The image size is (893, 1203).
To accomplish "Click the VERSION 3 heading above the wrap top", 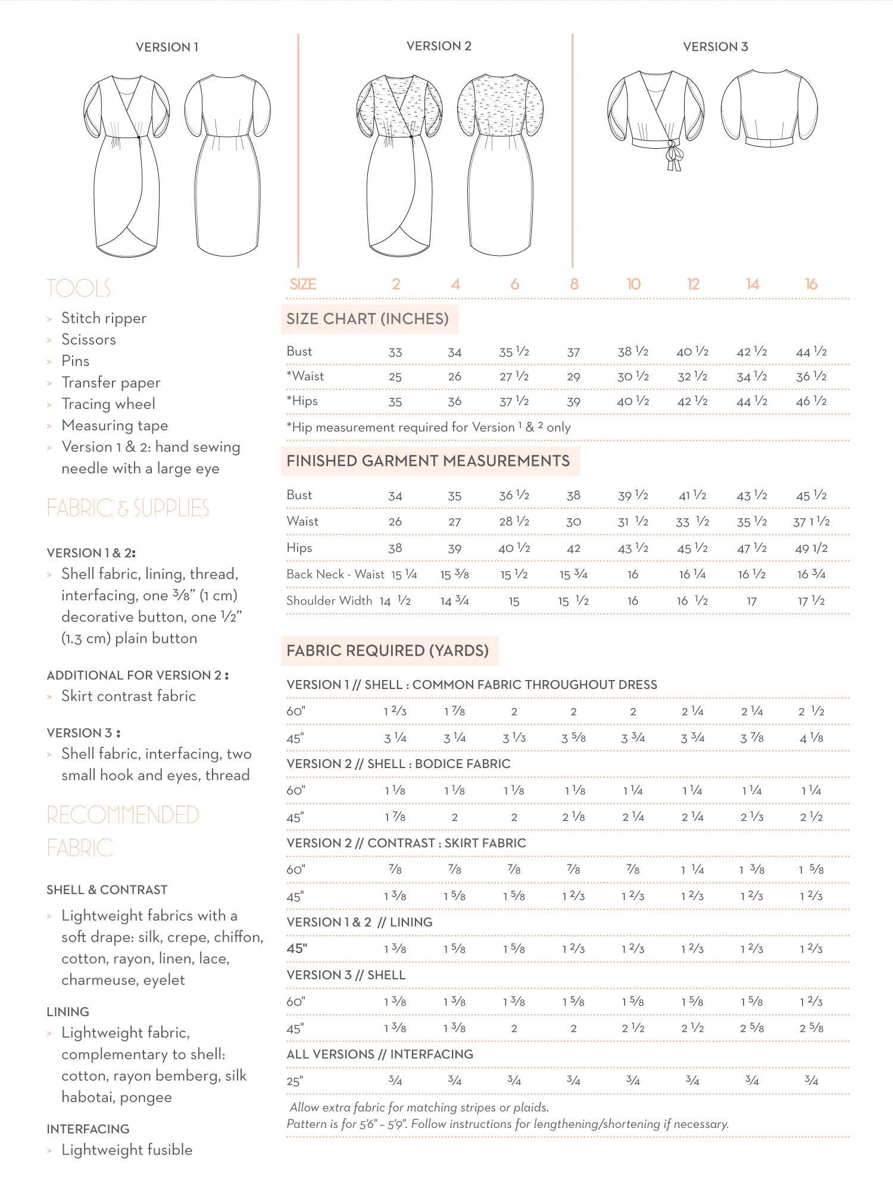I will [715, 47].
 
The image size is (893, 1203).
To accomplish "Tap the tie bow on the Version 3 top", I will [673, 155].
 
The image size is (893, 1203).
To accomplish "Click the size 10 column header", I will [633, 284].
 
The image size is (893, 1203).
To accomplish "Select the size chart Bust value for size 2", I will [395, 352].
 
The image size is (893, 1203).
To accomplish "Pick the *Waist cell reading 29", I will [573, 377].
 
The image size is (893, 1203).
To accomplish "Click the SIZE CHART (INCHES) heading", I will [367, 319].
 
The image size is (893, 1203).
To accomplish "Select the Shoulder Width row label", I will [329, 601].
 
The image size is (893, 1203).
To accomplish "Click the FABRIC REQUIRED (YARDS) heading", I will [388, 651].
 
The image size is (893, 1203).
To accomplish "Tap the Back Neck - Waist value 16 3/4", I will [811, 575].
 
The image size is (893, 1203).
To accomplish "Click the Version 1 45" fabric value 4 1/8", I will [811, 738].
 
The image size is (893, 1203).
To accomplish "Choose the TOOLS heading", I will [79, 289].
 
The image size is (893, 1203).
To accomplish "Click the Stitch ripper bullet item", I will [104, 318].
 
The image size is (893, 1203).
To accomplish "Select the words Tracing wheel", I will [108, 404].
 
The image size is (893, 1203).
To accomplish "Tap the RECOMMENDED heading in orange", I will [123, 815].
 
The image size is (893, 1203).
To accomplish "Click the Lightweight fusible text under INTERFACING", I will [127, 1149].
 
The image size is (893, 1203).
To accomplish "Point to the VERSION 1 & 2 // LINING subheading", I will [360, 922].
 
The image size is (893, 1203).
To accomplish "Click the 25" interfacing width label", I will [295, 1081].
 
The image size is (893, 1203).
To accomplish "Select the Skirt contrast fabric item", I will [129, 696].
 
